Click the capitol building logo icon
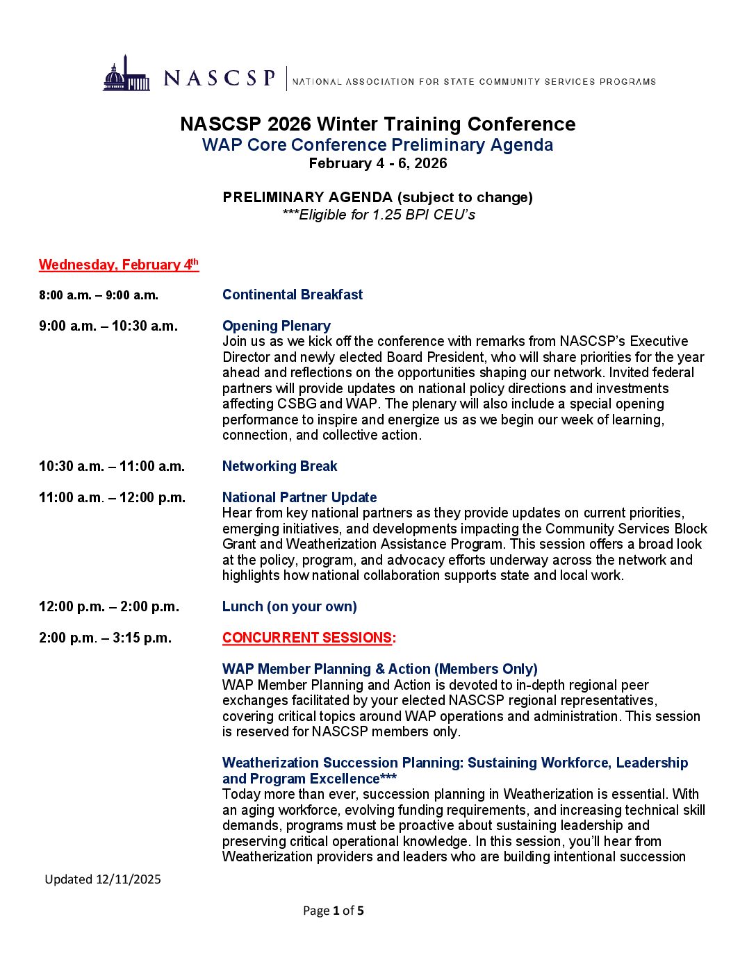(126, 74)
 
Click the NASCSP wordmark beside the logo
(220, 78)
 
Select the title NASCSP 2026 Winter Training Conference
(377, 124)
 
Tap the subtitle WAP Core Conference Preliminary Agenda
(377, 145)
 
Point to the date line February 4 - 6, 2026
(377, 163)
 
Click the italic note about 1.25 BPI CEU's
(378, 215)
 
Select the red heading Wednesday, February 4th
(119, 265)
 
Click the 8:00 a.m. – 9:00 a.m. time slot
(99, 295)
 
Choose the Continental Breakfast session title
(293, 295)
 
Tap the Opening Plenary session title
(276, 326)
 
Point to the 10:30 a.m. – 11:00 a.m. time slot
(112, 466)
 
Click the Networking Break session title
(279, 466)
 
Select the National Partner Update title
(299, 497)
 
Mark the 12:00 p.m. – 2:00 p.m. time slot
(109, 606)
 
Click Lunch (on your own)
(289, 606)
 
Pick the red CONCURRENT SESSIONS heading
(309, 638)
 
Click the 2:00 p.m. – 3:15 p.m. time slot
(105, 638)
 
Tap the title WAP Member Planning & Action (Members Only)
(379, 669)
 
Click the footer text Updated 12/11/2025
(103, 879)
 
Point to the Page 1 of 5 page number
(333, 911)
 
